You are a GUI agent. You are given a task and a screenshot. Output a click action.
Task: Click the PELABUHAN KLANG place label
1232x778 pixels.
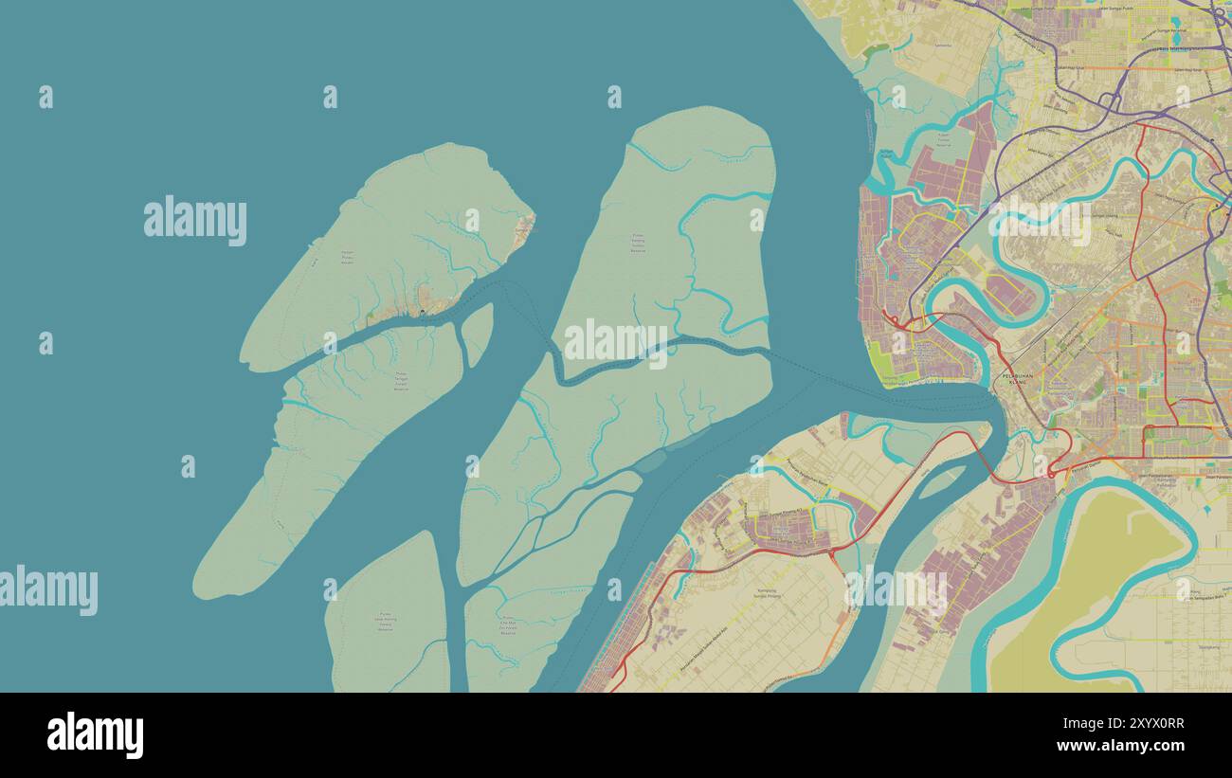tap(1015, 379)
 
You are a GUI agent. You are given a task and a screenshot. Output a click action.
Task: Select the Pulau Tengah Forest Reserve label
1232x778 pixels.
tap(400, 381)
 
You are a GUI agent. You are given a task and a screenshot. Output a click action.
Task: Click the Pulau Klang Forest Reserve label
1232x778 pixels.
tap(643, 244)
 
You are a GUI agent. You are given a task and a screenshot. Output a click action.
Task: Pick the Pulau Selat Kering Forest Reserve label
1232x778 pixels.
tap(386, 624)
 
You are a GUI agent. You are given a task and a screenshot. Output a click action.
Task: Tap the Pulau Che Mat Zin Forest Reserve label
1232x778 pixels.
tap(508, 624)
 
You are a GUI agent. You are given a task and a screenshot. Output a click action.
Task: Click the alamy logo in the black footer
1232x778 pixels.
tap(95, 735)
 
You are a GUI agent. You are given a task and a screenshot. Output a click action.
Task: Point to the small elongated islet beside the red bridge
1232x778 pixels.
tap(940, 481)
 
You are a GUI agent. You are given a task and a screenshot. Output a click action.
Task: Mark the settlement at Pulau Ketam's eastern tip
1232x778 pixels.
tap(524, 227)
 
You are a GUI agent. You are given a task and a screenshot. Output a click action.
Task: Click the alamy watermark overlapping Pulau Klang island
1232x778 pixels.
tap(616, 342)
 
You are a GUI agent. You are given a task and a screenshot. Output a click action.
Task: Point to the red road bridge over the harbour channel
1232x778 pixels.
tap(976, 445)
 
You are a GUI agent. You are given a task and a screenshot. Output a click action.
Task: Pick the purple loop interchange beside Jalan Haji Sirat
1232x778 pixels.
tap(1111, 100)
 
